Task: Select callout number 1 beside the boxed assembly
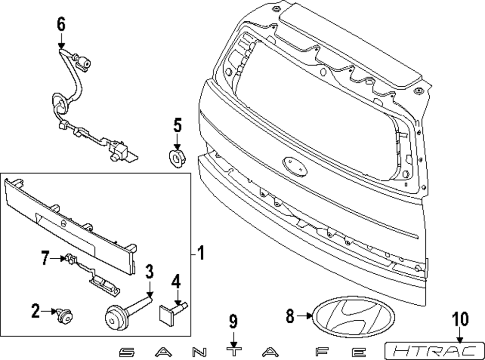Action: tap(200, 252)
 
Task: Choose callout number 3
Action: tap(150, 272)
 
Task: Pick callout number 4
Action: tap(176, 282)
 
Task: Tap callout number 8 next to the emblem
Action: tap(291, 317)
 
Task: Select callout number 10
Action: tap(460, 319)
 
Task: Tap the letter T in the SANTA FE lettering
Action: tap(235, 350)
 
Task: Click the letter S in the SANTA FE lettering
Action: tap(126, 350)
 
